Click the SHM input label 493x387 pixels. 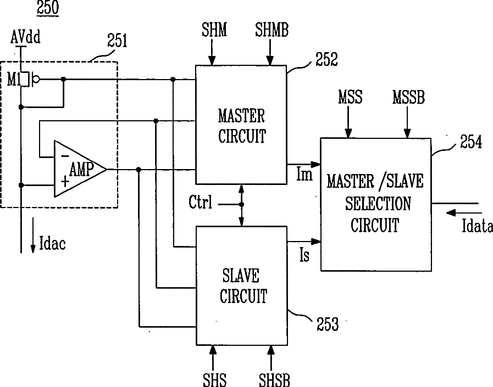tap(214, 30)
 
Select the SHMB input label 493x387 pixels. tap(272, 30)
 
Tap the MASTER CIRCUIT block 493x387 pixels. tap(241, 125)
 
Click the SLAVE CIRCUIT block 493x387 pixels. tap(241, 285)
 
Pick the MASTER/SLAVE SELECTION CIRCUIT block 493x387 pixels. tap(376, 204)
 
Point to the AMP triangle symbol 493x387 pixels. tap(80, 169)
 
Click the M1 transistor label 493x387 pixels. tap(14, 80)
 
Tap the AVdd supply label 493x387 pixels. tap(25, 37)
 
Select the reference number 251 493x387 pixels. tap(117, 41)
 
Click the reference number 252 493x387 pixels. tap(326, 59)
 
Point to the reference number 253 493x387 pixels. tap(328, 324)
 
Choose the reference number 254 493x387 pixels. tap(471, 142)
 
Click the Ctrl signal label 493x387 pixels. tap(200, 202)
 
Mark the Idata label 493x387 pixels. tap(477, 226)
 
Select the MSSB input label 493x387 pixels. tap(408, 97)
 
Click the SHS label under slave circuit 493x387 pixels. tap(214, 379)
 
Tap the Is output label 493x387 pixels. tap(304, 255)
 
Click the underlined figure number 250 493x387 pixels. tap(48, 8)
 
